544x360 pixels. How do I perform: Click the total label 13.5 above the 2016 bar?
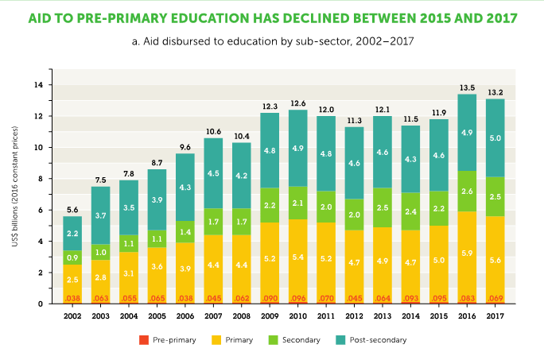tap(466, 87)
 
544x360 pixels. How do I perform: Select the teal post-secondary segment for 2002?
tap(72, 234)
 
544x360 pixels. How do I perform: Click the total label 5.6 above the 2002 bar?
tap(72, 210)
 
